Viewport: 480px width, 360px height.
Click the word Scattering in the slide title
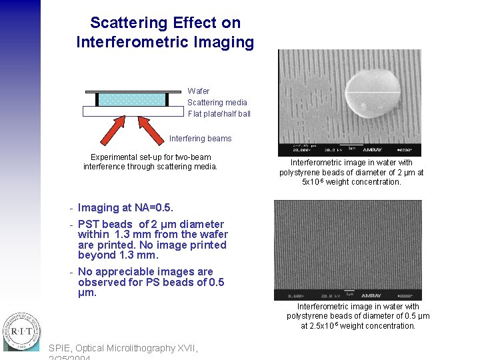point(127,23)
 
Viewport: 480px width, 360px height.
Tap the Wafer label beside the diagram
point(198,91)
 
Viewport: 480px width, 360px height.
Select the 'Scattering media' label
point(217,103)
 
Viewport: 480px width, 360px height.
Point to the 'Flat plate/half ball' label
point(219,114)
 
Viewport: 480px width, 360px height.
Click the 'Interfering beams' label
point(200,139)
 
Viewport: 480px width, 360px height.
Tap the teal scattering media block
point(132,99)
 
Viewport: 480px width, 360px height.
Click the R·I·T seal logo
point(21,331)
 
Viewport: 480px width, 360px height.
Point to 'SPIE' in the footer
point(60,348)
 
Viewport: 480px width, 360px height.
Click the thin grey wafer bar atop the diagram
point(133,91)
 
